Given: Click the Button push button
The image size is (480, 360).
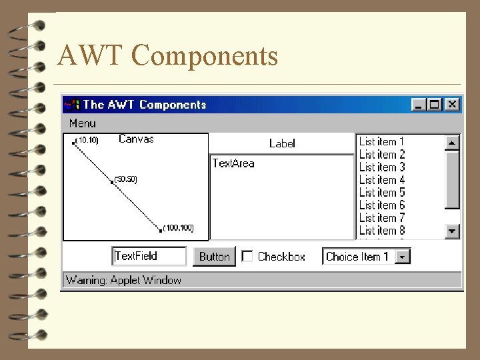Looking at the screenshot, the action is click(x=214, y=257).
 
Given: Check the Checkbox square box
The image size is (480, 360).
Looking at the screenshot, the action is click(x=247, y=256).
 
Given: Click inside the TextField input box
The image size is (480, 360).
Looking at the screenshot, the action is click(x=149, y=256).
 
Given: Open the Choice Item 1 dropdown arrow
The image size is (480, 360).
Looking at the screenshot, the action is click(x=403, y=257).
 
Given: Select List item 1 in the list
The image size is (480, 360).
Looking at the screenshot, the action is click(x=381, y=141).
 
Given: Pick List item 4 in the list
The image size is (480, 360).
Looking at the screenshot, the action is click(x=381, y=180).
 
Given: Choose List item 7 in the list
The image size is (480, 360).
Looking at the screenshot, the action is click(x=381, y=218).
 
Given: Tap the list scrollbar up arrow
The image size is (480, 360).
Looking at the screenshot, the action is click(x=453, y=142).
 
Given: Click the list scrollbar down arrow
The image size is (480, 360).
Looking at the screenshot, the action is click(x=453, y=231).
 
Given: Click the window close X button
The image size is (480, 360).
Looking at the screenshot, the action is click(x=453, y=104).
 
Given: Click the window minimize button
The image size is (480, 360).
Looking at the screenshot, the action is click(x=419, y=104).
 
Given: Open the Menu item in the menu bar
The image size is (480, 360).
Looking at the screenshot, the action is click(x=83, y=123).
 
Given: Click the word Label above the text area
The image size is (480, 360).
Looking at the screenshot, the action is click(x=282, y=143).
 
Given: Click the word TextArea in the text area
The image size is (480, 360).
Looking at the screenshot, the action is click(x=233, y=163).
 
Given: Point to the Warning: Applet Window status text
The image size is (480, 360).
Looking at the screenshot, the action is click(x=124, y=280).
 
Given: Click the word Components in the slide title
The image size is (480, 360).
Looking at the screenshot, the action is click(x=209, y=56).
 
